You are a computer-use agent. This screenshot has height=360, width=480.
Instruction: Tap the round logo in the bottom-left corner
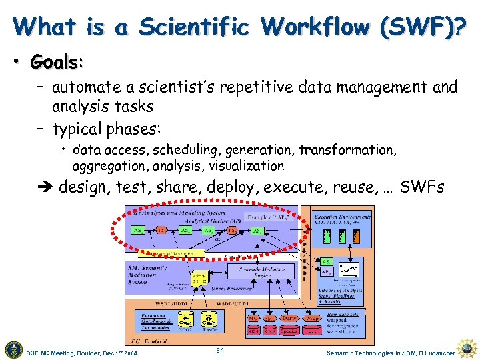click(13, 348)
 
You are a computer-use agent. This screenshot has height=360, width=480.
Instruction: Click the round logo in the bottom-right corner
click(469, 348)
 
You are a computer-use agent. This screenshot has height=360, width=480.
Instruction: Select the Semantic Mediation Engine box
click(253, 271)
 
